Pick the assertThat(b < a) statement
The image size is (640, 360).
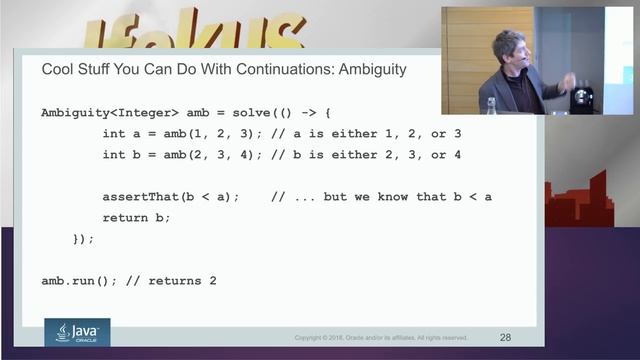point(171,196)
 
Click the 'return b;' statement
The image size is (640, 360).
point(137,217)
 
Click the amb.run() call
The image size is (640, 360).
point(80,281)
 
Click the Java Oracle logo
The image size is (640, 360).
point(77,331)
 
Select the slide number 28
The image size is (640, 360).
point(504,337)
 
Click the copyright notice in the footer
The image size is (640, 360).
point(380,338)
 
